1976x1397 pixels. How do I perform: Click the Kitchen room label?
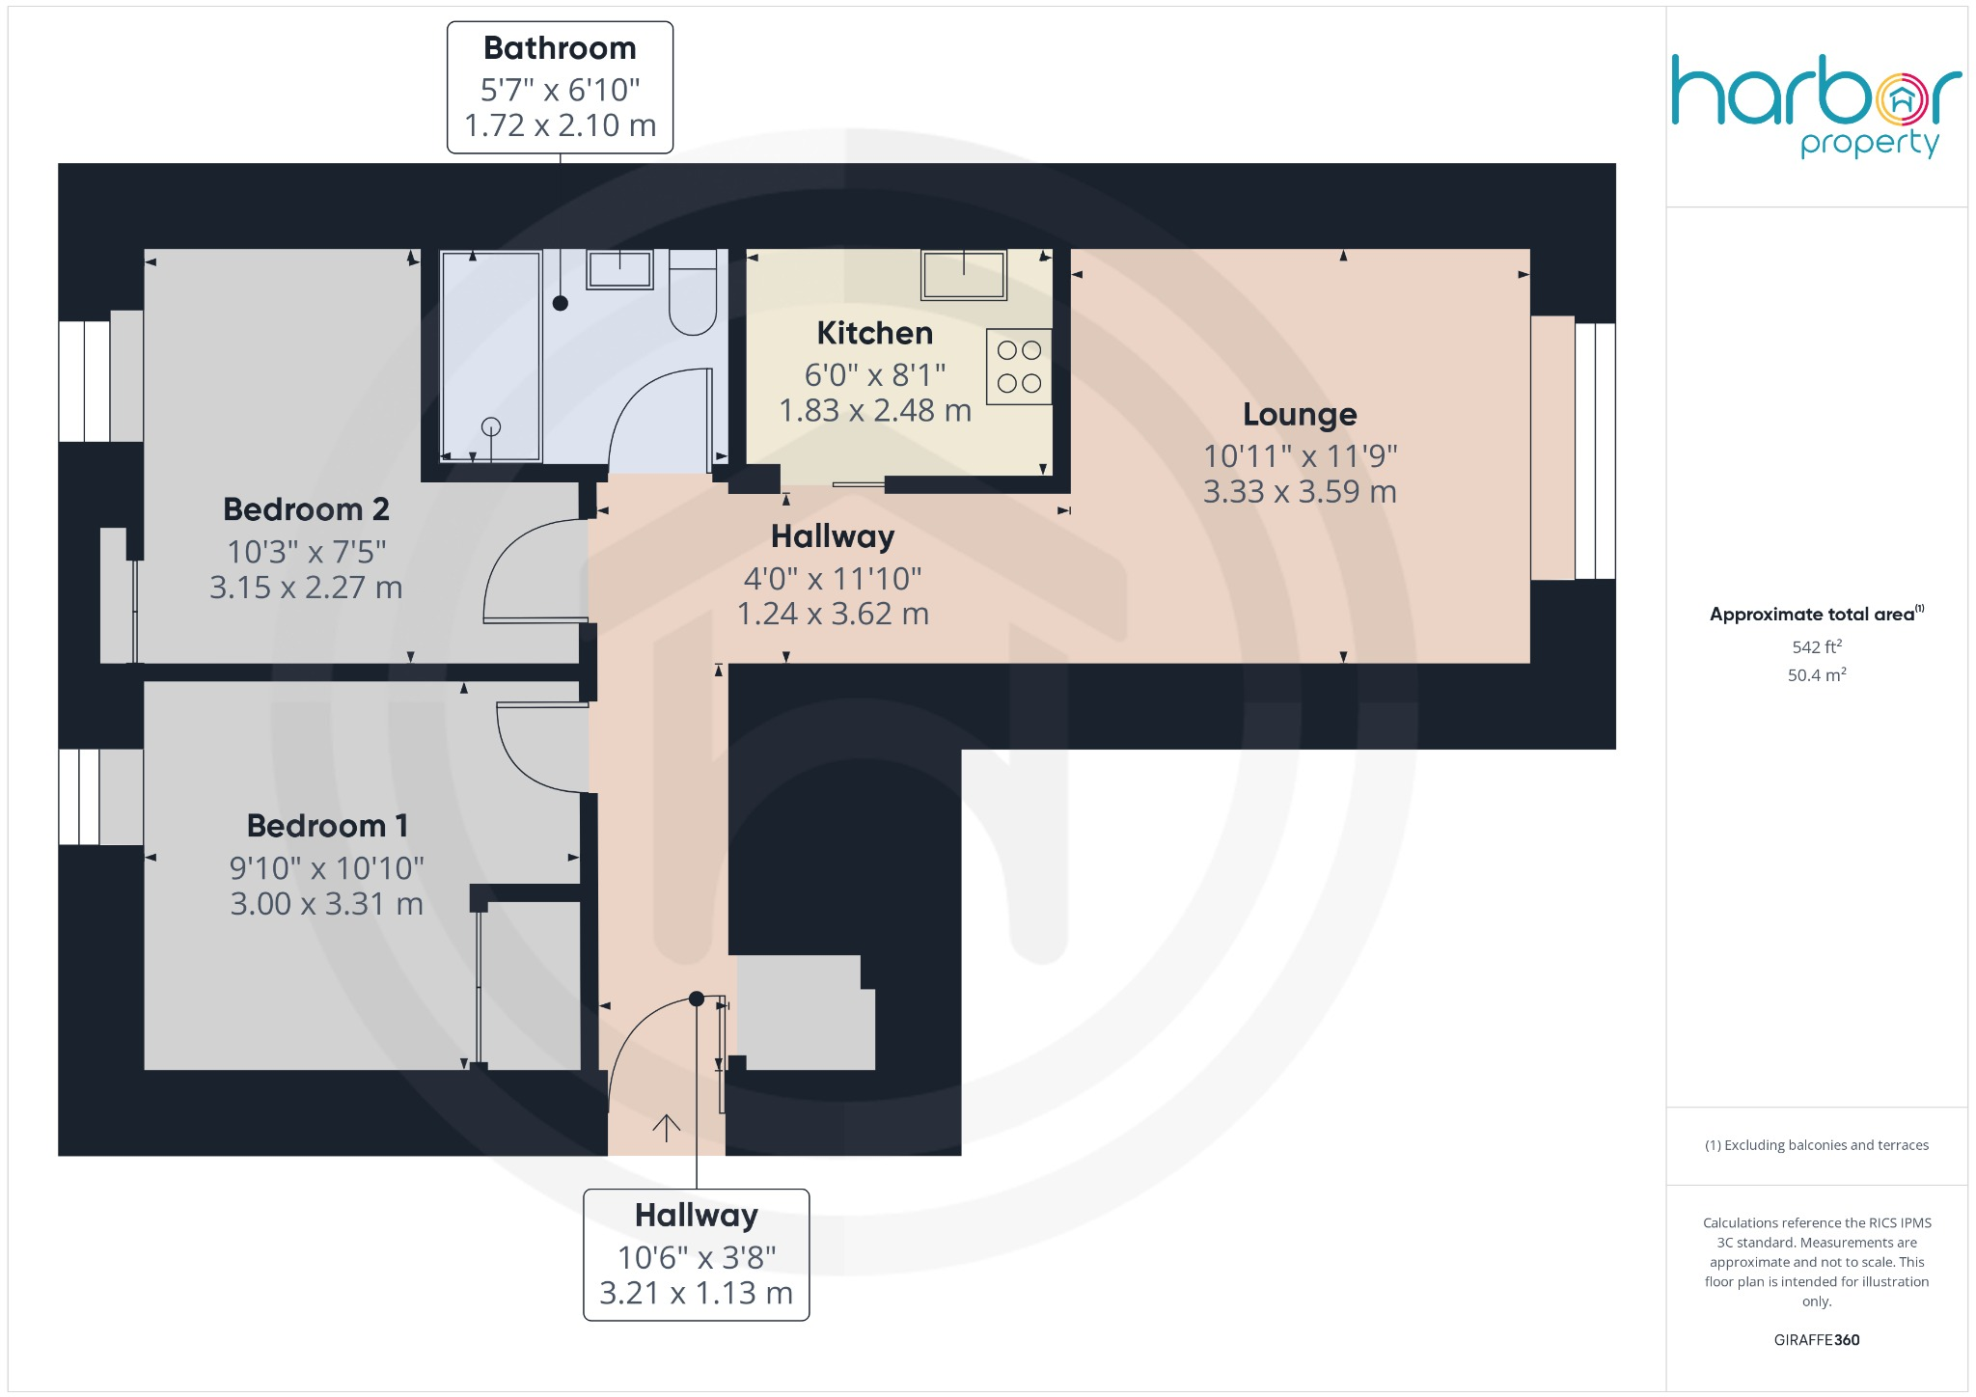tap(874, 333)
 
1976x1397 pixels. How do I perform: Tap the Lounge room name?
tap(1299, 414)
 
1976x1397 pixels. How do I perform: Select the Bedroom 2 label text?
tap(306, 508)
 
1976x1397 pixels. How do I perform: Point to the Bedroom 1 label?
tap(327, 826)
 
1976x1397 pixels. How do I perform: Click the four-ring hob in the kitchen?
tap(1019, 367)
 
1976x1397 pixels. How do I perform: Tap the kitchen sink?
tap(963, 275)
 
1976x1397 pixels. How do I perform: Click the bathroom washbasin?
tap(619, 269)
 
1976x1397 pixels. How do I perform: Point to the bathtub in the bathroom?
tap(490, 356)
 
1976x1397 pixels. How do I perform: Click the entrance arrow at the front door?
tap(666, 1127)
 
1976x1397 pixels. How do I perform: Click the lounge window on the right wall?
tap(1594, 451)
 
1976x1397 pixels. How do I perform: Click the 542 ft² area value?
tap(1816, 646)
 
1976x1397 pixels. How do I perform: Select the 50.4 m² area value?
tap(1816, 674)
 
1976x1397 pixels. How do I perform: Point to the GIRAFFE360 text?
tap(1816, 1339)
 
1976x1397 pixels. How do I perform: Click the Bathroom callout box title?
tap(560, 48)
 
